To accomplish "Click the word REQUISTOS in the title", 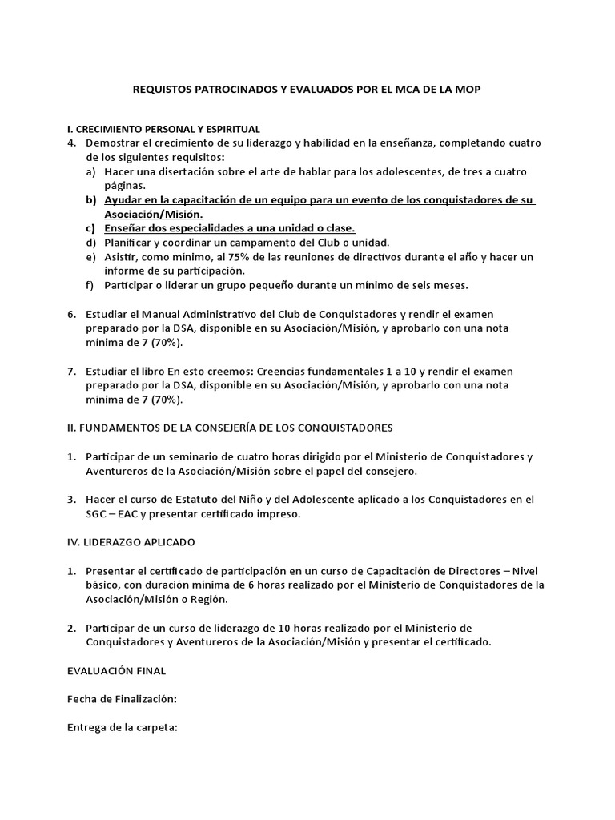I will (x=160, y=90).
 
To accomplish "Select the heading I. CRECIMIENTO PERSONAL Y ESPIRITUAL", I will (x=163, y=129).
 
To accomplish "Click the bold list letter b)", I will (x=90, y=200).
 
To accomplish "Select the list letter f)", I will (x=90, y=285).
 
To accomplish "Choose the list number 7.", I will (x=71, y=371).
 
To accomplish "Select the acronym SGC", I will (x=98, y=513).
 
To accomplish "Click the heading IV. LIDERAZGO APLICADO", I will (x=131, y=542).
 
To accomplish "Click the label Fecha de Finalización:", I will (x=122, y=698).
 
